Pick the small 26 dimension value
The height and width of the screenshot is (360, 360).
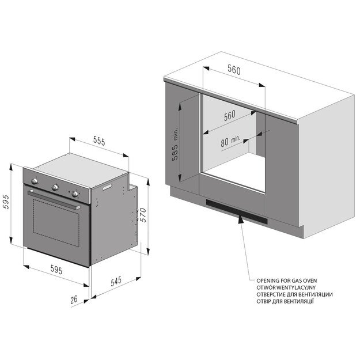pos(74,299)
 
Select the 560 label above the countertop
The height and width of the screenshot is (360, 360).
pos(233,70)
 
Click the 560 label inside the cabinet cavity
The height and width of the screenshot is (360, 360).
pos(230,115)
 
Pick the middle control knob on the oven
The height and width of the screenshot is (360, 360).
pos(56,186)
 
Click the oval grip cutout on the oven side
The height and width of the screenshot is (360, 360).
pos(107,186)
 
